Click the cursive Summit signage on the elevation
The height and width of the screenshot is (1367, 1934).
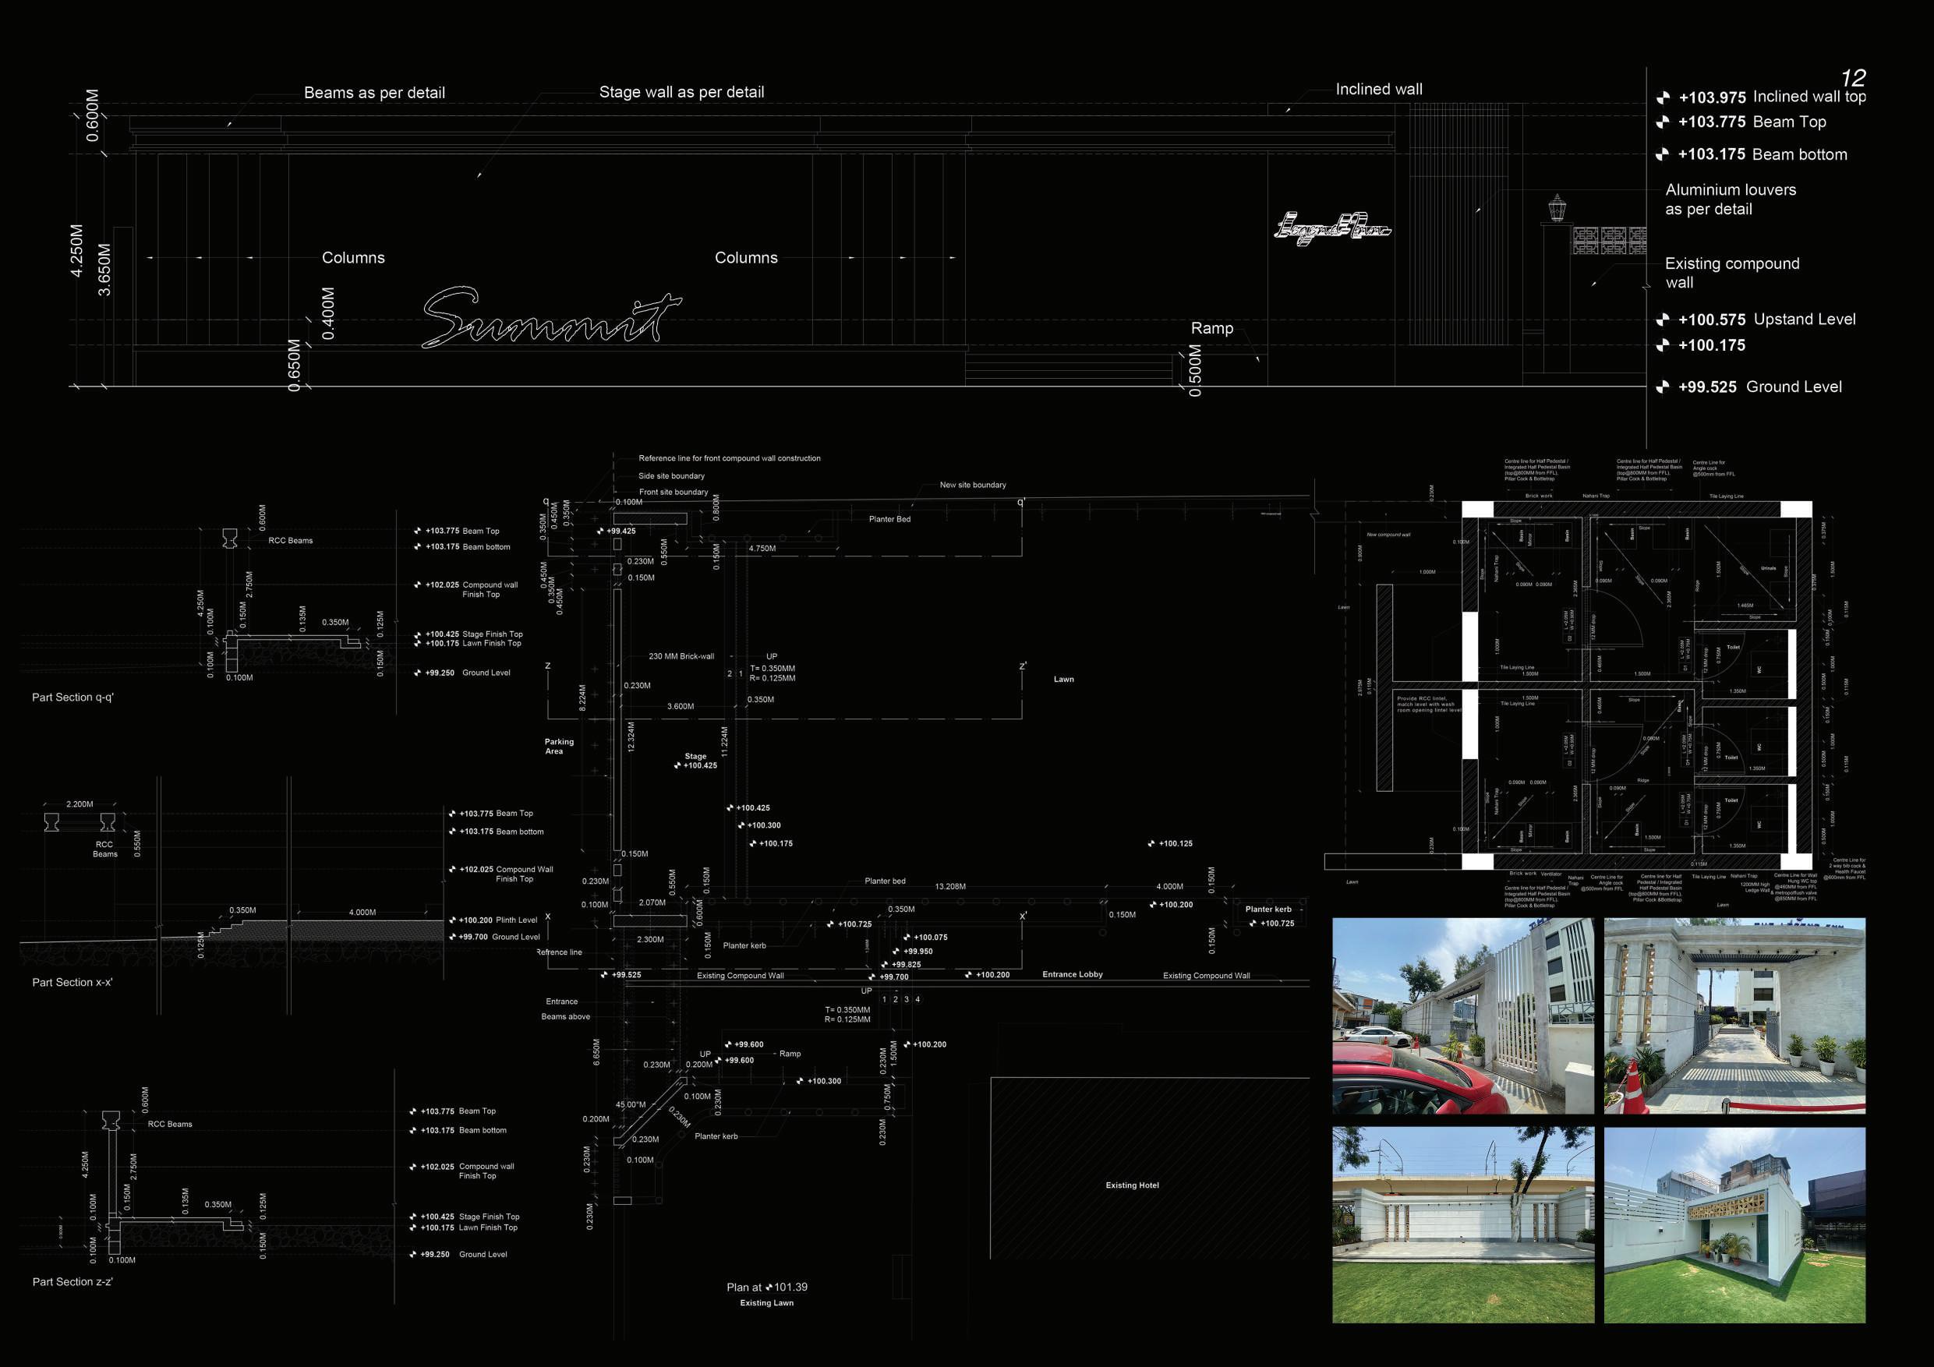pyautogui.click(x=552, y=319)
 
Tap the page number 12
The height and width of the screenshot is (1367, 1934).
pyautogui.click(x=1853, y=79)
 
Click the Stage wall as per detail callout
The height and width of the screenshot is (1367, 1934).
pyautogui.click(x=681, y=92)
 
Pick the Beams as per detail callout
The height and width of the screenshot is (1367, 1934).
pyautogui.click(x=374, y=93)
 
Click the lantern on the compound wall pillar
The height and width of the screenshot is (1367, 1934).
pyautogui.click(x=1557, y=207)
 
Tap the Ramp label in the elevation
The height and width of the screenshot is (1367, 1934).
pyautogui.click(x=1211, y=328)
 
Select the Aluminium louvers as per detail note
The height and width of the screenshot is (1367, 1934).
pyautogui.click(x=1731, y=200)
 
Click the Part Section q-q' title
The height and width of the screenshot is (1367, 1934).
pyautogui.click(x=72, y=698)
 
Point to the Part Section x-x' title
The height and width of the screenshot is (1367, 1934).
pyautogui.click(x=72, y=982)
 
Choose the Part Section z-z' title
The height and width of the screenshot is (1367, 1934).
pyautogui.click(x=72, y=1281)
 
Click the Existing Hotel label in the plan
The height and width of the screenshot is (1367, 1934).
pyautogui.click(x=1132, y=1185)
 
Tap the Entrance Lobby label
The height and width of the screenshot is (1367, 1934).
pyautogui.click(x=1073, y=974)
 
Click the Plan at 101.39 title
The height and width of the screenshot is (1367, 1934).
pyautogui.click(x=766, y=1287)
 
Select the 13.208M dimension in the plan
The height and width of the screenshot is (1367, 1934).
pyautogui.click(x=950, y=886)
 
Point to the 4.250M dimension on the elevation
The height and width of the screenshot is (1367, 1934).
pyautogui.click(x=77, y=250)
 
